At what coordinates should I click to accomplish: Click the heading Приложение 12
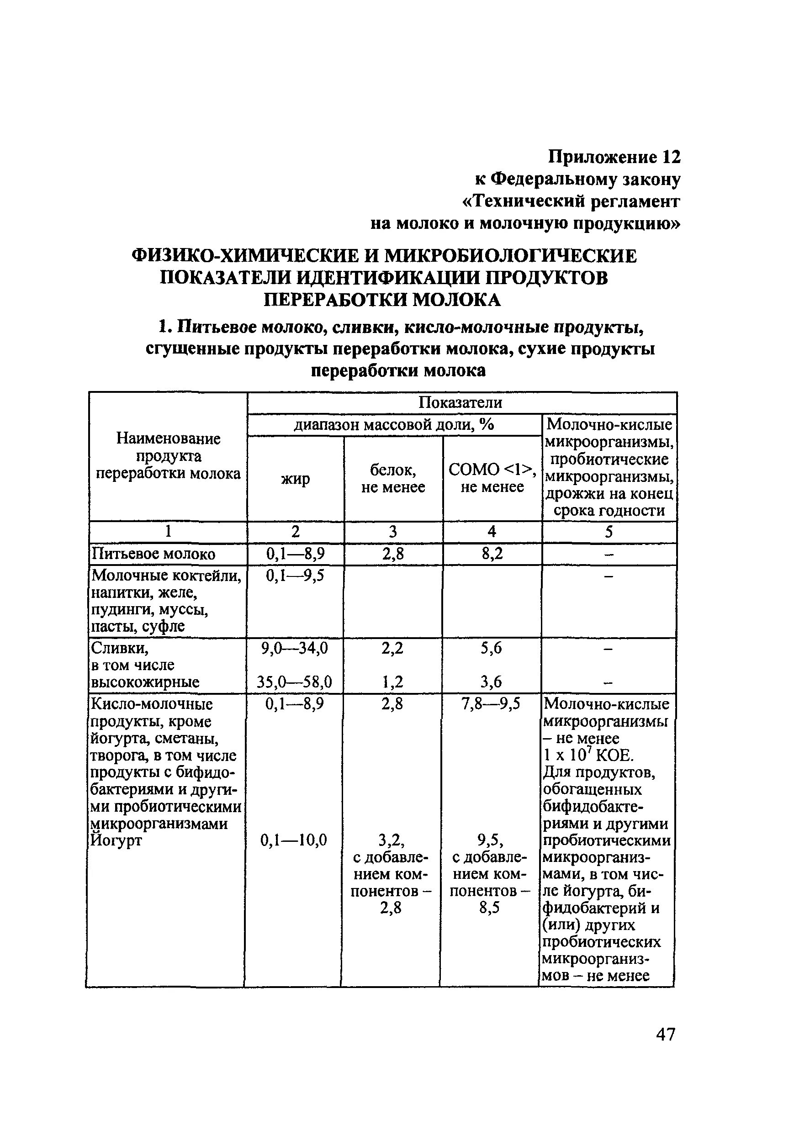614,157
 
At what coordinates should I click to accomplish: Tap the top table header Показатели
460,402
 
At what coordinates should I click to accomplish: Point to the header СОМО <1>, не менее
492,478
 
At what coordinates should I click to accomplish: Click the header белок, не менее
393,478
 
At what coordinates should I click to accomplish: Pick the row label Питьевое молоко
154,554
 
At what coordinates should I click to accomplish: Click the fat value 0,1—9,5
295,576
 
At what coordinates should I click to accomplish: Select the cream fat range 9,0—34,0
295,648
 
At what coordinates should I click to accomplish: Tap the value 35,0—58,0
295,682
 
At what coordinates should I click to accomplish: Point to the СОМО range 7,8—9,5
491,703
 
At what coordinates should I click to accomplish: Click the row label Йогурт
116,840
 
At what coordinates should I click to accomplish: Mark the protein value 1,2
392,682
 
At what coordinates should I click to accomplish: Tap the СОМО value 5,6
491,648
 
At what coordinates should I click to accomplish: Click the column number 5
609,532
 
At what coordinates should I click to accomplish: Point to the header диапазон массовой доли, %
394,424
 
